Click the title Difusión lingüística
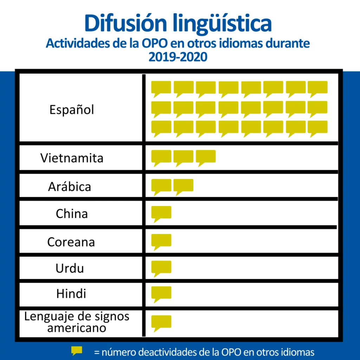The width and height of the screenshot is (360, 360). click(178, 23)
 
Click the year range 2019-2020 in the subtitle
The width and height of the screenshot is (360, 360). click(178, 56)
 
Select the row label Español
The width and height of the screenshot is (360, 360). click(72, 110)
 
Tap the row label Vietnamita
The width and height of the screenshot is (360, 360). click(72, 158)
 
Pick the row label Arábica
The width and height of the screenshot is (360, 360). click(70, 186)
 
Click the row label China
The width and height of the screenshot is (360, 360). click(72, 214)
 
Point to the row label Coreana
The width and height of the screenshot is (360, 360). click(71, 242)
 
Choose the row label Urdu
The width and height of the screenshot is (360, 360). click(70, 269)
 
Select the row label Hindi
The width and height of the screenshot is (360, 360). click(71, 294)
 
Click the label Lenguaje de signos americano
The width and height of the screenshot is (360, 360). click(77, 322)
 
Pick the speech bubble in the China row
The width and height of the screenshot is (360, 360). click(161, 213)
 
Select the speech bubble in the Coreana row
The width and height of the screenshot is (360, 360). click(161, 240)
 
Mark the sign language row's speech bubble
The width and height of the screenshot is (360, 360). click(161, 322)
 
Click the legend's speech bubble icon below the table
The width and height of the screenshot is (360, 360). click(77, 351)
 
